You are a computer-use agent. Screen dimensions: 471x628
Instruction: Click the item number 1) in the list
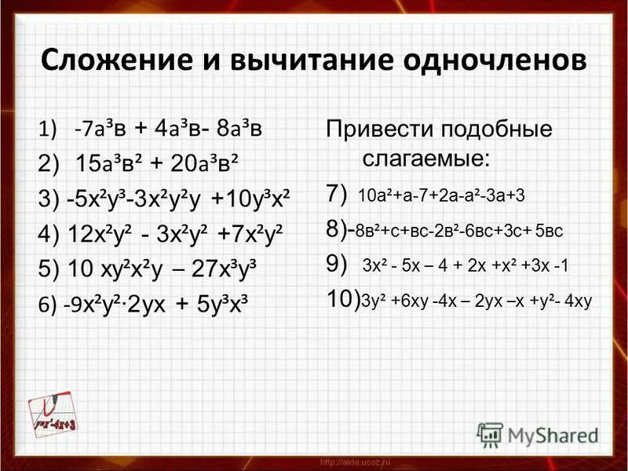pos(46,128)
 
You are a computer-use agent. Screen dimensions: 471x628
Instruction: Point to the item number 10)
pos(343,299)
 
